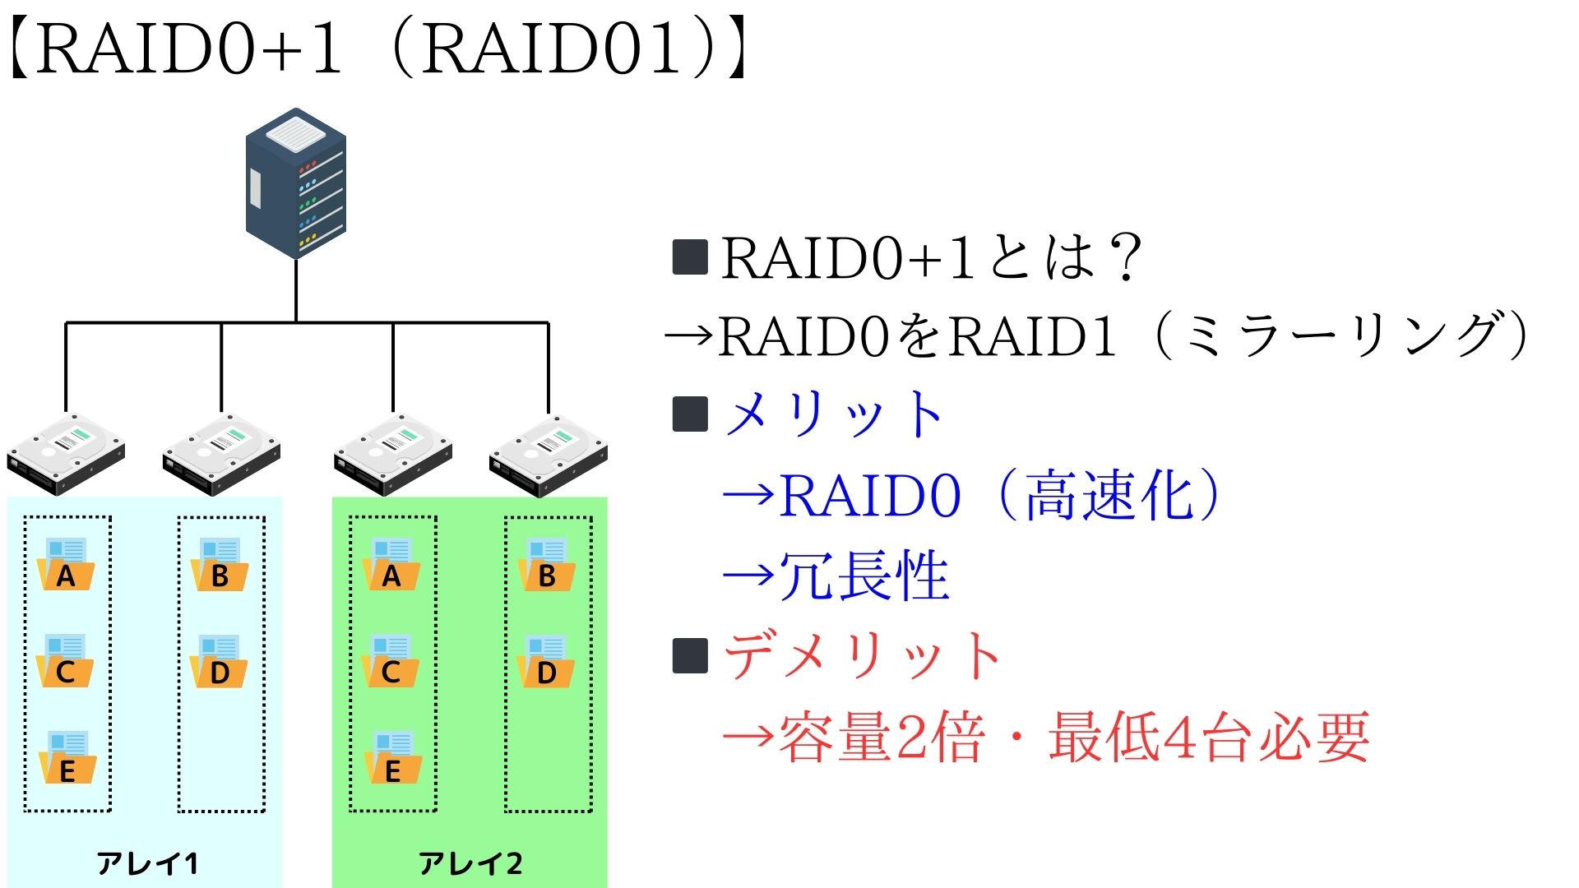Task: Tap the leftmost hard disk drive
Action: pos(66,454)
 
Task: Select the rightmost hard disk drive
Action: pos(549,456)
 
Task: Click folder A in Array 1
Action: pos(66,566)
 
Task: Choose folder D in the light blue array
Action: pos(220,663)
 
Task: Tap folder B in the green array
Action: pos(546,566)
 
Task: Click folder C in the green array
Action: pos(391,663)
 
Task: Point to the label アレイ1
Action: pos(146,863)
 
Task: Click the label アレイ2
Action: pos(470,863)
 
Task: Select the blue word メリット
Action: pos(834,414)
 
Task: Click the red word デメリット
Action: pos(862,656)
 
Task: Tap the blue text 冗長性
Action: pos(864,576)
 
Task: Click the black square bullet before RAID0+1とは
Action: pos(690,257)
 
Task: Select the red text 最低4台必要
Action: pos(1207,737)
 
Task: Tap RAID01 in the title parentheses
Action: pos(551,49)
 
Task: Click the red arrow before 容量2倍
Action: pos(748,735)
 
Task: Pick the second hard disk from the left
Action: pos(222,454)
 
